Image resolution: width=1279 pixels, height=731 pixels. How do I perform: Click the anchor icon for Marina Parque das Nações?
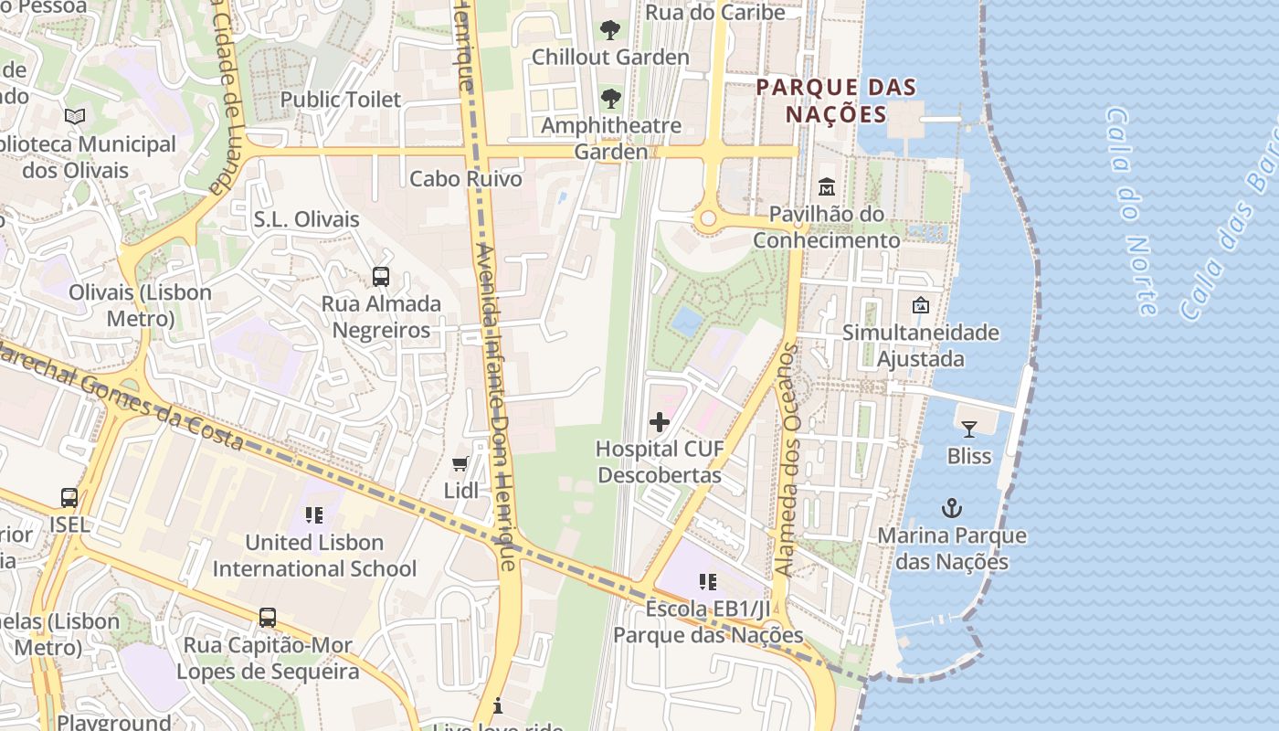(x=952, y=508)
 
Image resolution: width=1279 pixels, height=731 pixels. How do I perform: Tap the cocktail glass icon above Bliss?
(x=968, y=429)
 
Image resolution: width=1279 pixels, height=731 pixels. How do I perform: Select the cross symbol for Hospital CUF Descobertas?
(x=659, y=422)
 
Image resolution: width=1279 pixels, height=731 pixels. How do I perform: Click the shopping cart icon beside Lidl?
(x=460, y=464)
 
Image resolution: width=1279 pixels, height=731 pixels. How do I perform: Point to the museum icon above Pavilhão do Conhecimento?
(x=827, y=186)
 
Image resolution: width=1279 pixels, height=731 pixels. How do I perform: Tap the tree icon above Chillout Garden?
(x=610, y=30)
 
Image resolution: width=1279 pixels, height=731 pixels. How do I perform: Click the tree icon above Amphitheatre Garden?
(x=610, y=99)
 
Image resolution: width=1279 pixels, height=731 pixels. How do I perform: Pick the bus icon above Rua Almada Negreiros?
(x=381, y=276)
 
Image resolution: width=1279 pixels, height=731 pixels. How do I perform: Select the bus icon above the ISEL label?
(x=69, y=498)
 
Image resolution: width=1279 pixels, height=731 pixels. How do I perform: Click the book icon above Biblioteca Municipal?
(x=75, y=117)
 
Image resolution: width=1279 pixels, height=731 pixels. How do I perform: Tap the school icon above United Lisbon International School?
(x=314, y=515)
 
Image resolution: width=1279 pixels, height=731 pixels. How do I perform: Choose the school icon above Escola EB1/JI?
(x=707, y=581)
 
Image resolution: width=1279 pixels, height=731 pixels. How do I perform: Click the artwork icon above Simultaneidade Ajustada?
(x=920, y=305)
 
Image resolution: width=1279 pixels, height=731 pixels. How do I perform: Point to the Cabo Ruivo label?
(x=466, y=178)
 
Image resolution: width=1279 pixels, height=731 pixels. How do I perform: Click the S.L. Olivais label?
(x=306, y=219)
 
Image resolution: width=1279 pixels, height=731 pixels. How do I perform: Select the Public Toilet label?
(x=340, y=100)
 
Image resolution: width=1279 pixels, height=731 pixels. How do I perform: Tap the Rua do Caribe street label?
(x=715, y=13)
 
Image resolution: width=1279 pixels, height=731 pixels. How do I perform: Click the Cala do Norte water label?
(x=1133, y=210)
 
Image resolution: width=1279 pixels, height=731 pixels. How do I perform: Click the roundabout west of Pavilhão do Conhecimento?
(x=707, y=219)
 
